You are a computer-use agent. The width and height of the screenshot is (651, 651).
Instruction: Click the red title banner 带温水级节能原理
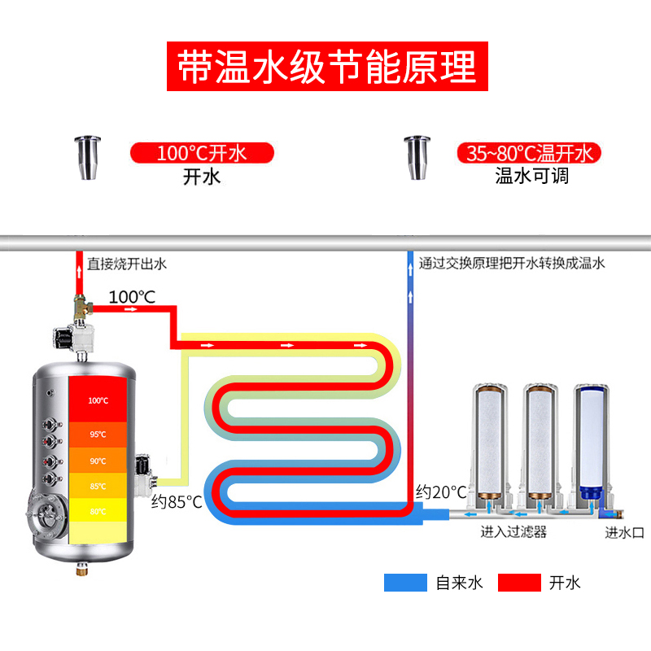(327, 65)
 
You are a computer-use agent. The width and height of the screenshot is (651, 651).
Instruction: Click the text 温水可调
(531, 176)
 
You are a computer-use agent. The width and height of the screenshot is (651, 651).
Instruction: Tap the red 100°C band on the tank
(98, 400)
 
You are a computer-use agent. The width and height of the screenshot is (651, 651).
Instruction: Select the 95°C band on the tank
(98, 434)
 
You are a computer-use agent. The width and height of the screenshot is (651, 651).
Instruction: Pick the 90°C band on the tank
(98, 461)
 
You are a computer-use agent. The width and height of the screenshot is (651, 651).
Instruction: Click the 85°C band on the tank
(98, 486)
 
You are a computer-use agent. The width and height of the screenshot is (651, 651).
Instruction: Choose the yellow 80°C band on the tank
(98, 511)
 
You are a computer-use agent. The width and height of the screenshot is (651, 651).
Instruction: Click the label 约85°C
(177, 502)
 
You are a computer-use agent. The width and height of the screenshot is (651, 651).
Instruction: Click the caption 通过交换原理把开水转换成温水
(512, 264)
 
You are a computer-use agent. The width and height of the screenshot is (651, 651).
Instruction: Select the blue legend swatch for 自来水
(405, 582)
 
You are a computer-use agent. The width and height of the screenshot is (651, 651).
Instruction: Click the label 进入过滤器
(513, 533)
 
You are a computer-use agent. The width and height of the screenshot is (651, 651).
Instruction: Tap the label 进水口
(624, 533)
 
